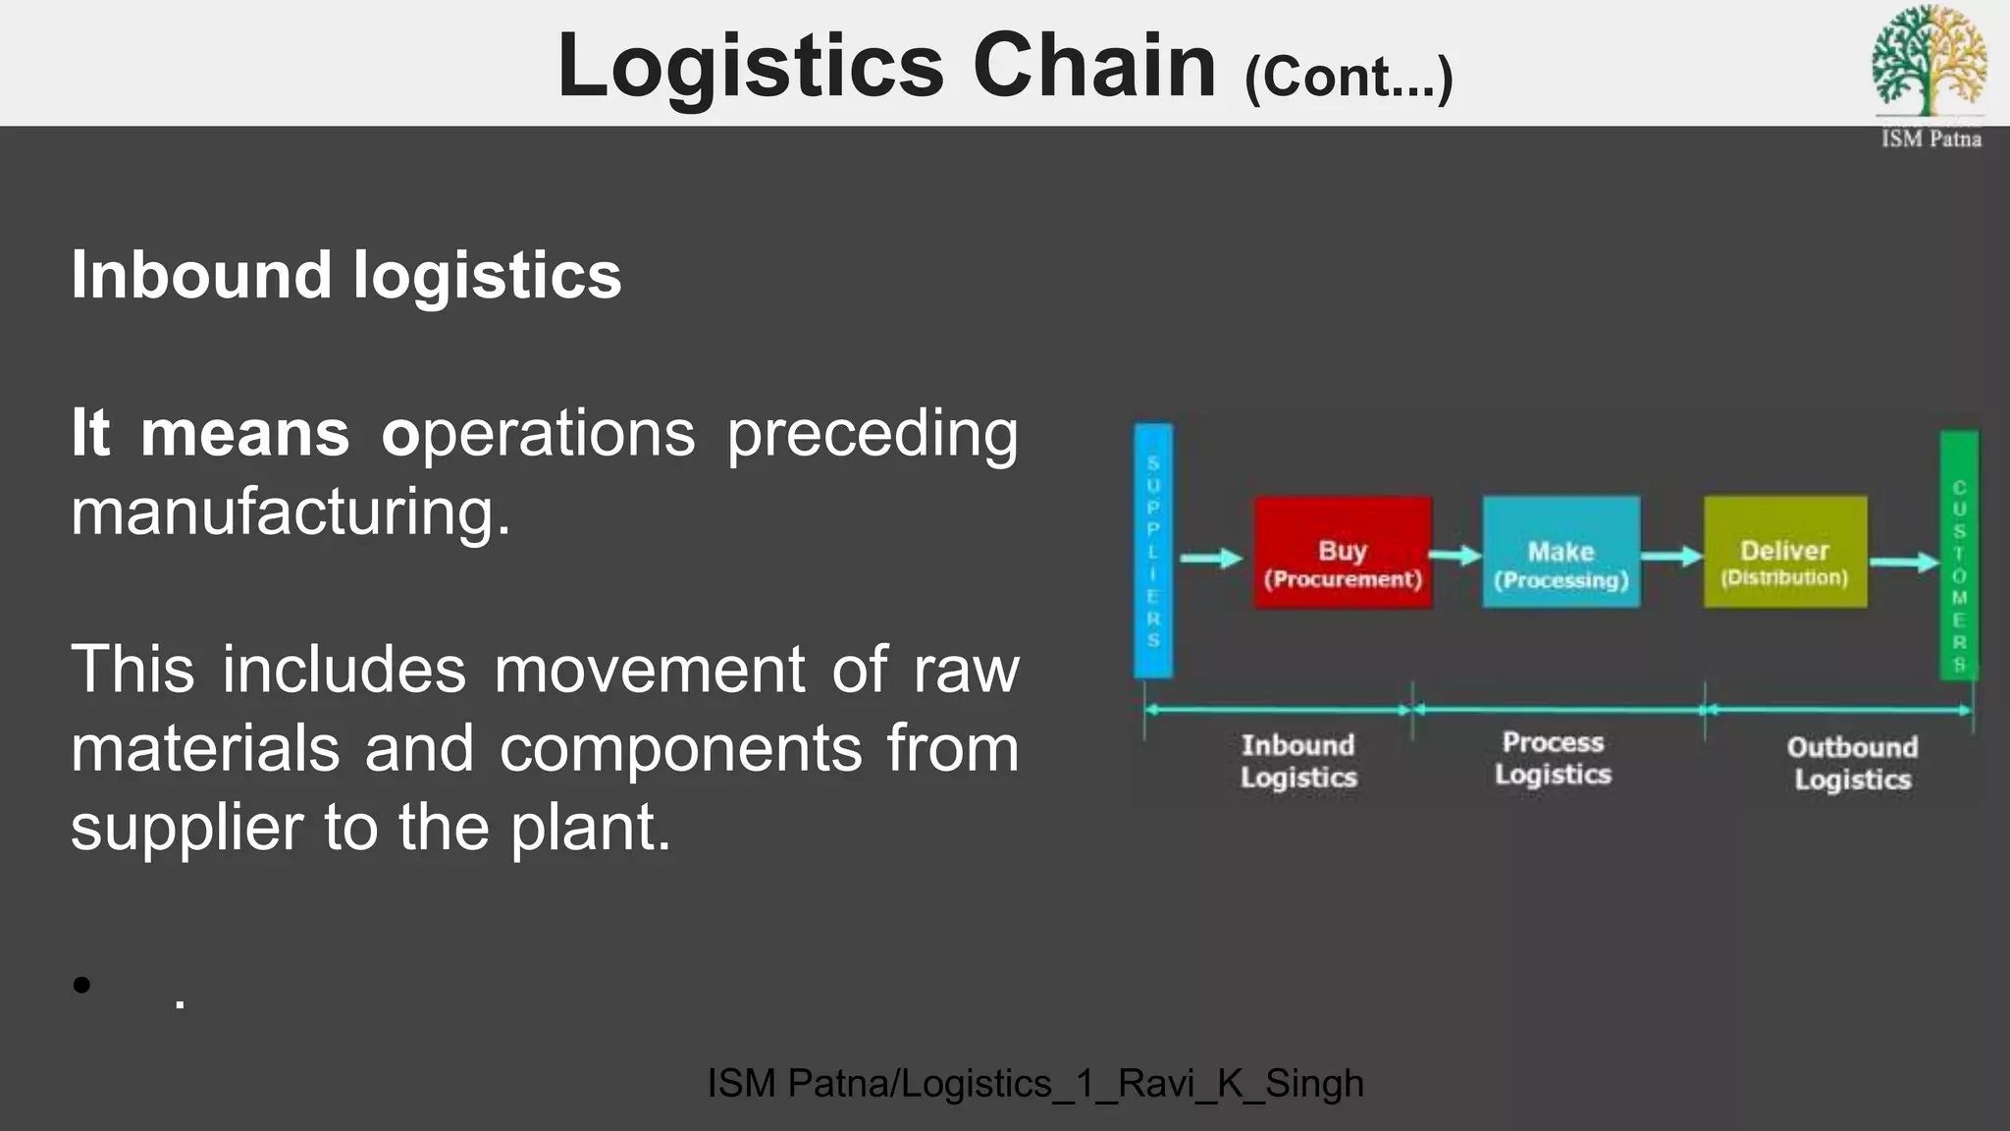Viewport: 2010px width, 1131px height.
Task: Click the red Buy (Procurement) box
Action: point(1342,553)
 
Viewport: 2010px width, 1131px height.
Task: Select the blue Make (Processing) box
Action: point(1560,553)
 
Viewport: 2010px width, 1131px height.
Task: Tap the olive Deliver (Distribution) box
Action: point(1784,552)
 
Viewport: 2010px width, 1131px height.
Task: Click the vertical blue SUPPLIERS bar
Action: point(1153,551)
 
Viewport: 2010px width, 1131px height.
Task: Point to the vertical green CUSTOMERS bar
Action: point(1959,555)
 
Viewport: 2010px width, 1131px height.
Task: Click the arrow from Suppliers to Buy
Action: point(1211,559)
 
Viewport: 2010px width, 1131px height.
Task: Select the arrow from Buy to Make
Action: point(1455,556)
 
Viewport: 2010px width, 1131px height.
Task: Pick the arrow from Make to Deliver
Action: point(1671,557)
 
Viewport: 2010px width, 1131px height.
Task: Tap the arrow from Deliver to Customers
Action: point(1904,563)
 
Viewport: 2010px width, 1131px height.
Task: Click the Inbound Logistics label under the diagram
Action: point(1297,761)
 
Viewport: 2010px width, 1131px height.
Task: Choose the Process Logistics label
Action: point(1553,758)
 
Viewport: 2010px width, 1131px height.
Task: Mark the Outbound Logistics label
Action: point(1852,763)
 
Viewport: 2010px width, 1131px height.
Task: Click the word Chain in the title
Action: point(1094,66)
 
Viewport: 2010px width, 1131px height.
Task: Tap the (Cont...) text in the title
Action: point(1348,78)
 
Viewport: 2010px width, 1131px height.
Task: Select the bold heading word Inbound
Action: point(201,275)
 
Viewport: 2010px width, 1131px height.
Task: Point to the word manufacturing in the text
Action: point(291,512)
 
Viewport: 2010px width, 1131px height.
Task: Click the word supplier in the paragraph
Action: point(186,828)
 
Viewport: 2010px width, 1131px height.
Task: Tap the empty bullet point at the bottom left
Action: point(81,985)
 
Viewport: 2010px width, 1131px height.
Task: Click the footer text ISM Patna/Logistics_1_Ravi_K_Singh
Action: point(1035,1084)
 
